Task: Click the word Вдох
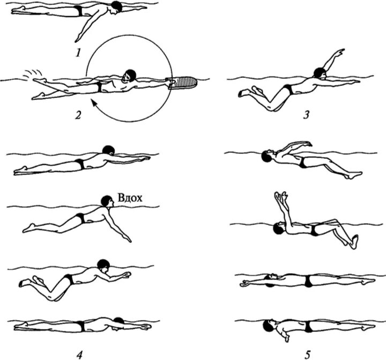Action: pyautogui.click(x=130, y=197)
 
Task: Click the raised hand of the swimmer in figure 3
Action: pyautogui.click(x=339, y=51)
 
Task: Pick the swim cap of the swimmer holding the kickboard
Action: pyautogui.click(x=128, y=75)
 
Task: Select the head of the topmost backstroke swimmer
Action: pyautogui.click(x=267, y=156)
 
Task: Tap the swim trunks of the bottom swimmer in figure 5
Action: pyautogui.click(x=309, y=326)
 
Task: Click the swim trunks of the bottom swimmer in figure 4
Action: pyautogui.click(x=80, y=326)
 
